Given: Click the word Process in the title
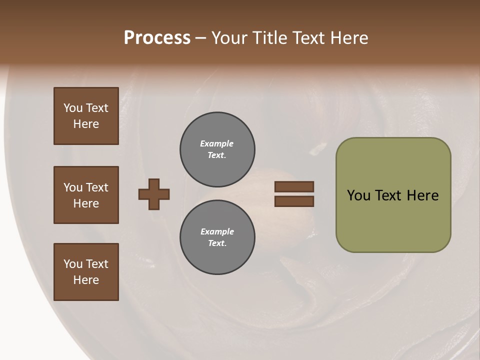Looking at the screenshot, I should pyautogui.click(x=157, y=38).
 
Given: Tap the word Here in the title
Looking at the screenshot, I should pyautogui.click(x=348, y=38).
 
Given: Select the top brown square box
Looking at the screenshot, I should pyautogui.click(x=86, y=116).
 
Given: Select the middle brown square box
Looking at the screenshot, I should pyautogui.click(x=86, y=195).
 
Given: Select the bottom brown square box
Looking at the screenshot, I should pyautogui.click(x=86, y=271).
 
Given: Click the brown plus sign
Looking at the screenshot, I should pyautogui.click(x=154, y=194).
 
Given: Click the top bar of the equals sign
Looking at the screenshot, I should pyautogui.click(x=294, y=186).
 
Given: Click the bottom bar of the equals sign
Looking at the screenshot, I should pyautogui.click(x=294, y=201).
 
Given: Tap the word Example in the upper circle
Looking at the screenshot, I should pyautogui.click(x=216, y=143).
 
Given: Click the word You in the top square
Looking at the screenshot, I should pyautogui.click(x=73, y=108).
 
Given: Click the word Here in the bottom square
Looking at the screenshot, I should pyautogui.click(x=86, y=280).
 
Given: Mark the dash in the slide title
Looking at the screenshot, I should pyautogui.click(x=200, y=38).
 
